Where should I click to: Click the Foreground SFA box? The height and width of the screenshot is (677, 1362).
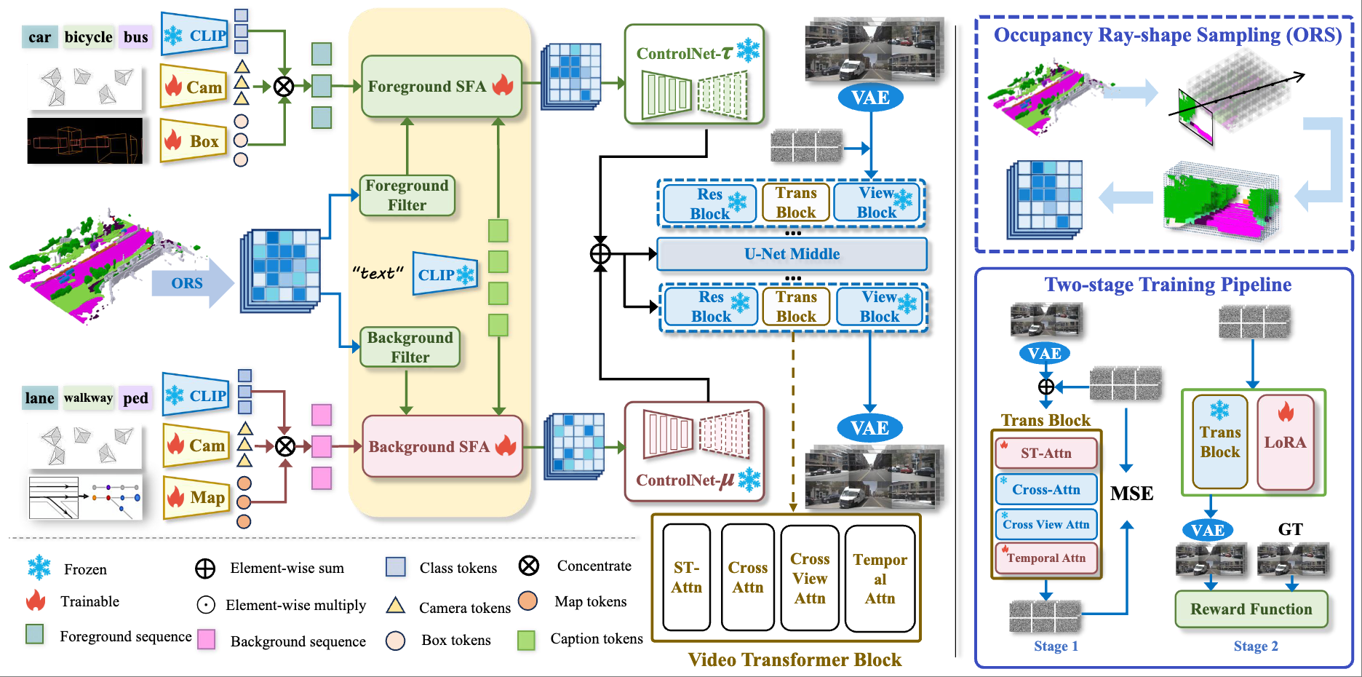pos(442,86)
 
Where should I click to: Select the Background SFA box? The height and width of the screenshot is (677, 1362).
pos(442,446)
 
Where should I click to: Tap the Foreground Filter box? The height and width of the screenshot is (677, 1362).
pos(407,195)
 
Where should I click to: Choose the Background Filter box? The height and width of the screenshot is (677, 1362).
pos(410,347)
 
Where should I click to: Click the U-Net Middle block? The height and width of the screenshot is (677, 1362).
pos(792,254)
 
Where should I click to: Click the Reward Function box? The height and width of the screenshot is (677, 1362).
pos(1251,609)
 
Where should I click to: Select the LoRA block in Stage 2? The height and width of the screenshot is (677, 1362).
pos(1286,442)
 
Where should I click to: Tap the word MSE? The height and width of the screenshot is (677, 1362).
pos(1132,494)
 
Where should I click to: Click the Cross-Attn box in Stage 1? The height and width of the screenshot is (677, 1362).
pos(1046,489)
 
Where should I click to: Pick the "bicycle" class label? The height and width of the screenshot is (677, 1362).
pos(88,37)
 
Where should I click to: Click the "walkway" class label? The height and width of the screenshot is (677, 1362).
pos(88,397)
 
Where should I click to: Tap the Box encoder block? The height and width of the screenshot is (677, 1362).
pos(194,140)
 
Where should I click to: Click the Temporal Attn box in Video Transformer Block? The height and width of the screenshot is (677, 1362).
pos(880,579)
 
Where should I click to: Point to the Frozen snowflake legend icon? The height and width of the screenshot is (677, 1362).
pos(39,568)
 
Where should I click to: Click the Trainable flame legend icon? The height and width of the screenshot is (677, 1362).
pos(36,601)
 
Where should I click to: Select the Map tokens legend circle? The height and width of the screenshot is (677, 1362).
pos(528,601)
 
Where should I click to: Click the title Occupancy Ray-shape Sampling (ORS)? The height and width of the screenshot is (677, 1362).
pos(1168,35)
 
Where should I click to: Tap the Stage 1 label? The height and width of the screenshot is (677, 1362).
pos(1056,646)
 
